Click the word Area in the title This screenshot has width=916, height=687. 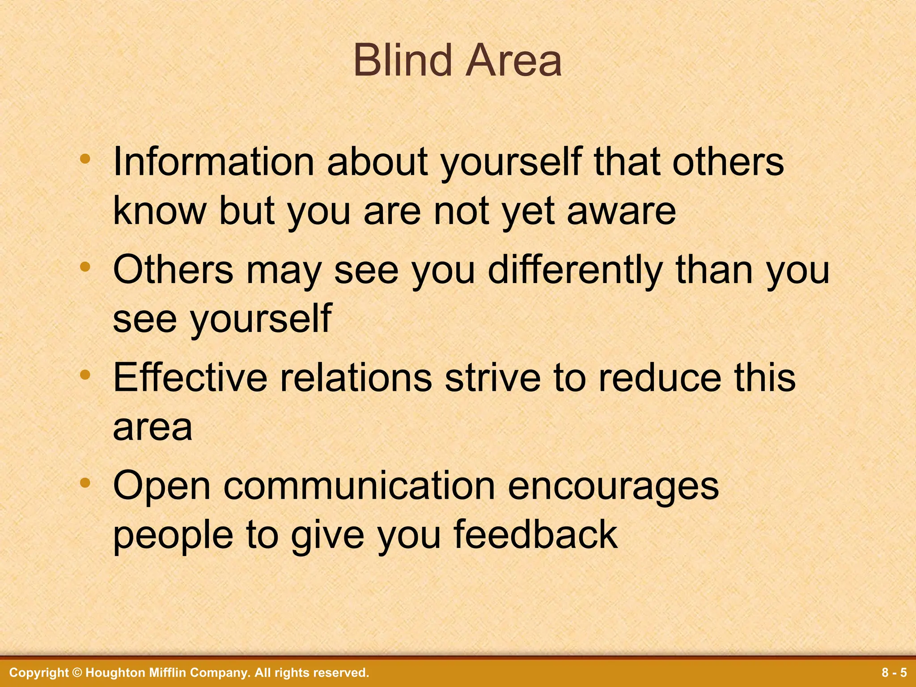(x=513, y=61)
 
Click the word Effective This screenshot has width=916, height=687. (x=190, y=378)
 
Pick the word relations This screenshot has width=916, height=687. (x=356, y=378)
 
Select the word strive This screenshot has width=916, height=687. (x=493, y=378)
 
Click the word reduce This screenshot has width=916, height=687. (x=660, y=378)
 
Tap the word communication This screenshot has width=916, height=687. (x=359, y=486)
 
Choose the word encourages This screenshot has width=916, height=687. (x=613, y=486)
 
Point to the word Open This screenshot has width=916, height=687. (x=161, y=486)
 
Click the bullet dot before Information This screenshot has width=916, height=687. (x=85, y=158)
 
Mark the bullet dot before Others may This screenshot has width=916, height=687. (x=85, y=267)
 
